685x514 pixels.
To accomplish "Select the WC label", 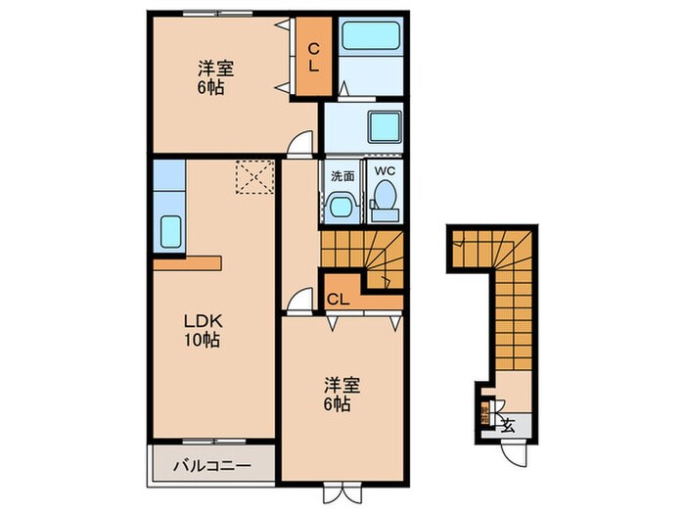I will (383, 171).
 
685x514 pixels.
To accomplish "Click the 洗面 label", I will (342, 178).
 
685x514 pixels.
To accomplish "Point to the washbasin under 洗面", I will (342, 208).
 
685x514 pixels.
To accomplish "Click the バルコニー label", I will (210, 465).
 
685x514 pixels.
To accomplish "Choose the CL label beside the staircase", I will (339, 299).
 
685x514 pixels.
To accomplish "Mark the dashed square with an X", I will (254, 178).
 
